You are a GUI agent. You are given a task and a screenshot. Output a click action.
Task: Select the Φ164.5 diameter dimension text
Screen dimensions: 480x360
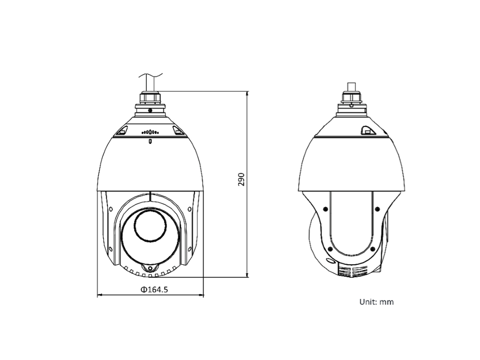pyautogui.click(x=154, y=290)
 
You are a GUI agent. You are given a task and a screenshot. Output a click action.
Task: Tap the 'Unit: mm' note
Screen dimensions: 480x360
pyautogui.click(x=376, y=302)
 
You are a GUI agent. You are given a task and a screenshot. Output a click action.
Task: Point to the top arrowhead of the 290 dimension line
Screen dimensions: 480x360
pyautogui.click(x=247, y=93)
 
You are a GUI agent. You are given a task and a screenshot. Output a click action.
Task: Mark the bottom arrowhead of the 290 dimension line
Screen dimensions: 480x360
pyautogui.click(x=247, y=275)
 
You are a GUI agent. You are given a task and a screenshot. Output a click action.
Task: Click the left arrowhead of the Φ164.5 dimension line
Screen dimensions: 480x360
pyautogui.click(x=100, y=295)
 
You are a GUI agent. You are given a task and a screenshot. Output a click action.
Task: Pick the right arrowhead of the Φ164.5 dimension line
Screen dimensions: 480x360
pyautogui.click(x=201, y=295)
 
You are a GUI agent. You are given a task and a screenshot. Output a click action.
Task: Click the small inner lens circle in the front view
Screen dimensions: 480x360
pyautogui.click(x=150, y=226)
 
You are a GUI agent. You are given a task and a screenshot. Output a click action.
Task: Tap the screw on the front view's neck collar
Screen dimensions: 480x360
pyautogui.click(x=150, y=110)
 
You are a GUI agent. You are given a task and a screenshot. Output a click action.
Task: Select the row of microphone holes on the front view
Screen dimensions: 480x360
pyautogui.click(x=150, y=132)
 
